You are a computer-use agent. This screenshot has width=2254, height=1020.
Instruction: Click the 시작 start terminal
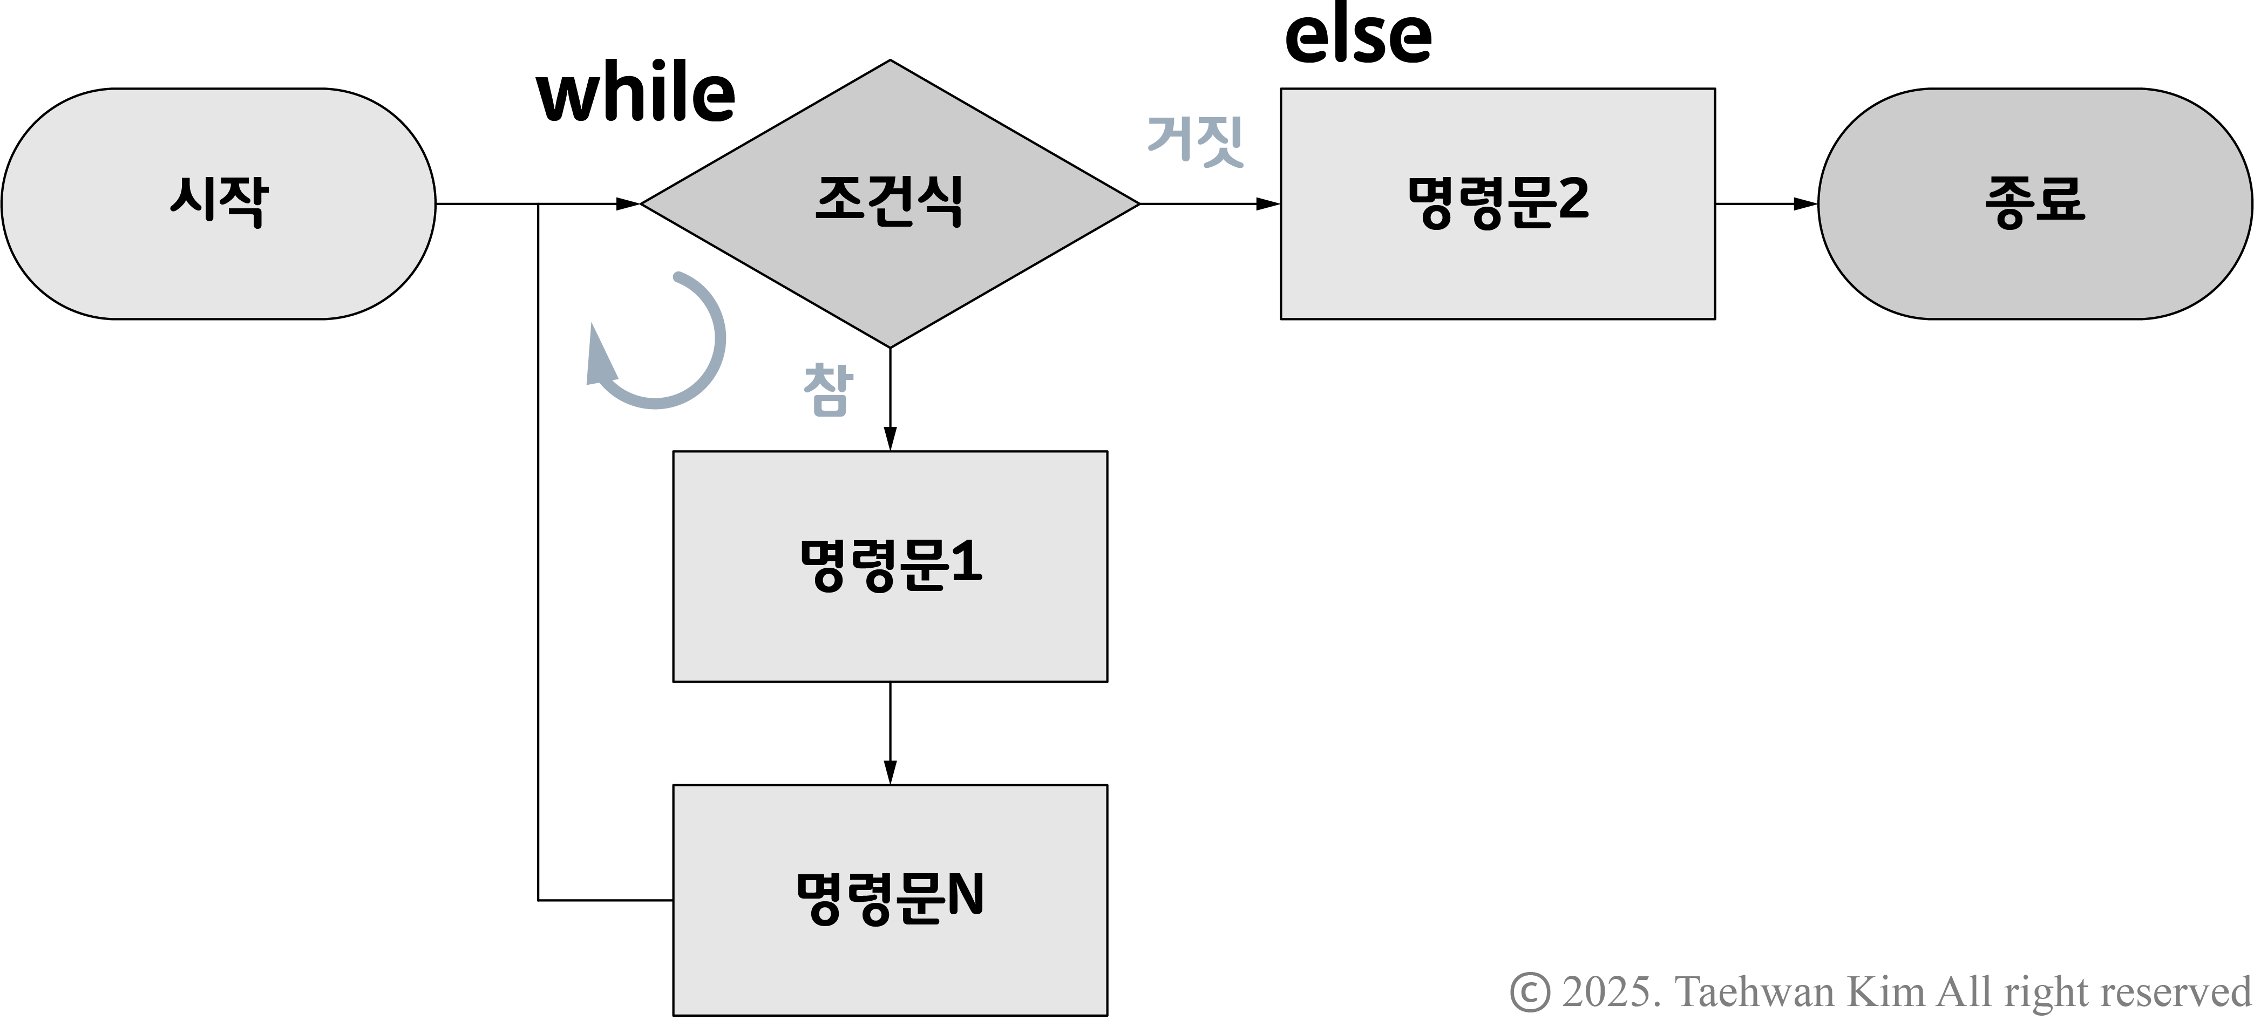(x=218, y=203)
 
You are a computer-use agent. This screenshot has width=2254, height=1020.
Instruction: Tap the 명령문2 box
(x=1497, y=203)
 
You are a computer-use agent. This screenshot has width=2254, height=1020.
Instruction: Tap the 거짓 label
(x=1195, y=140)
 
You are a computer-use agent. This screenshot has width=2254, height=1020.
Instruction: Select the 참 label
(x=827, y=389)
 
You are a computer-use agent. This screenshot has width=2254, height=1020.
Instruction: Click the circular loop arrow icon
(x=658, y=341)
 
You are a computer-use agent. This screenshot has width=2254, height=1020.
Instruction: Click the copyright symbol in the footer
(x=1530, y=992)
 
